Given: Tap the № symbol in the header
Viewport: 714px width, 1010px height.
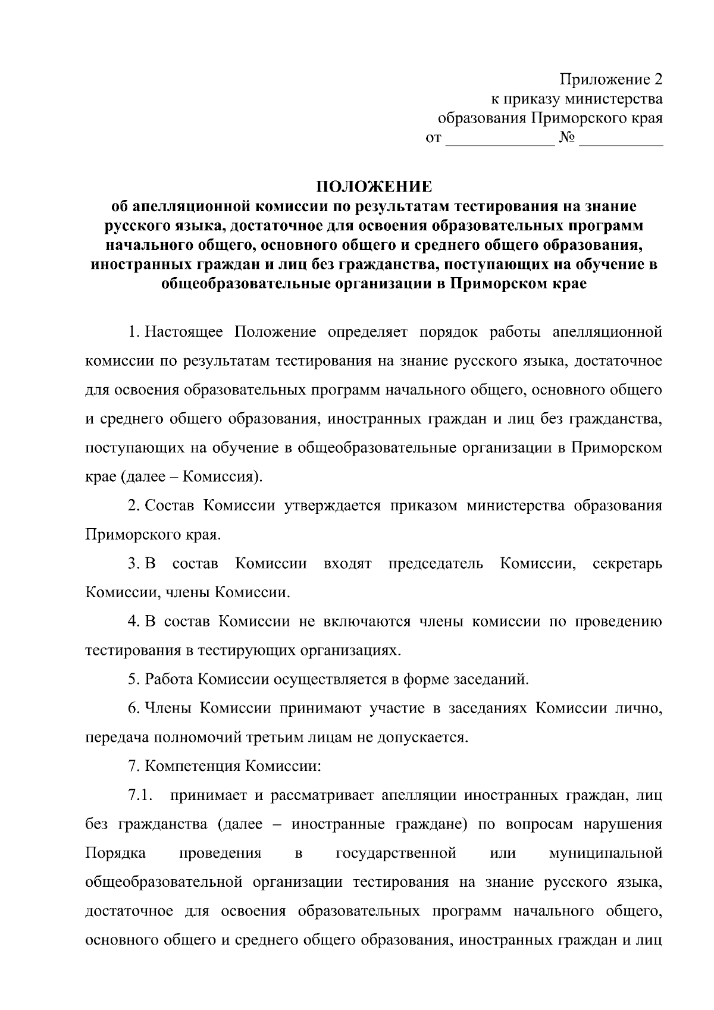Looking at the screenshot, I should (x=566, y=139).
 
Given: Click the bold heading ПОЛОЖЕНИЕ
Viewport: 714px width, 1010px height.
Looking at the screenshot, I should (x=374, y=187).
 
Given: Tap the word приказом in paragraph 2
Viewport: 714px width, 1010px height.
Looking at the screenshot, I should (x=424, y=506).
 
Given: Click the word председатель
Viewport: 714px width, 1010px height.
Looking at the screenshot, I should (x=436, y=563).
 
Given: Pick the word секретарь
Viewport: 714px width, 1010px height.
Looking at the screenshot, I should (x=628, y=563).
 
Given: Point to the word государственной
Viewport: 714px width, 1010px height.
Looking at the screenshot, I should (x=396, y=854).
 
